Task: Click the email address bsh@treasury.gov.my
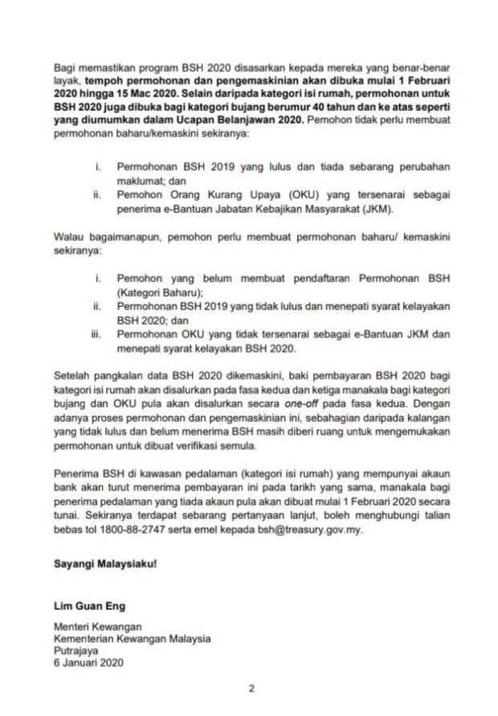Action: [349, 532]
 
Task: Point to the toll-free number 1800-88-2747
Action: [154, 532]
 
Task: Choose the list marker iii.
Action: [97, 333]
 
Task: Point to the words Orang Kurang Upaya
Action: [206, 194]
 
